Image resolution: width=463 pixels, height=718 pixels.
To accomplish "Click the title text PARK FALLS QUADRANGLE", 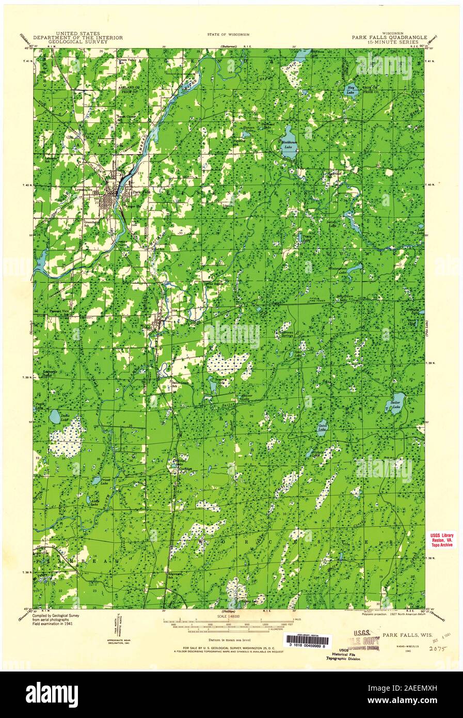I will [389, 38].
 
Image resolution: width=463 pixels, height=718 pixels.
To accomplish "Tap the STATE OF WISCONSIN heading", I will [228, 35].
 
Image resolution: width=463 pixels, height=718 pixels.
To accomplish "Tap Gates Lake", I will [322, 427].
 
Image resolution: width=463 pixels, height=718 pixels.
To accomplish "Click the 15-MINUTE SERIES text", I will [389, 42].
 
